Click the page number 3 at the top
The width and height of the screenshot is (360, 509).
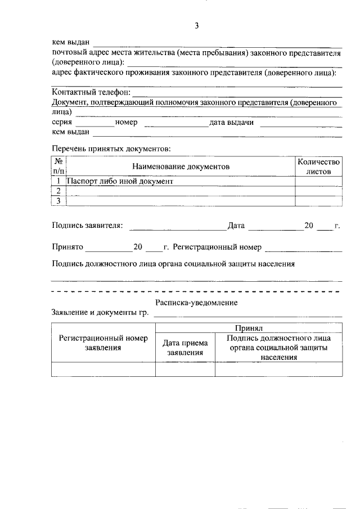[197, 25]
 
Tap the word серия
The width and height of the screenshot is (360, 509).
[62, 122]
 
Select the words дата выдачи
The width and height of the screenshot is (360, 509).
[231, 122]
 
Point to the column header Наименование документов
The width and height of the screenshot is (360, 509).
[181, 167]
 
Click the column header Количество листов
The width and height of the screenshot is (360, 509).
[318, 166]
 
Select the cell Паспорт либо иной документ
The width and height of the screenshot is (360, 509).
[120, 182]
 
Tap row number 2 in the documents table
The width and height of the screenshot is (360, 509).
[58, 191]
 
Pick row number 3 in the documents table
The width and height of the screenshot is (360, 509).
[58, 201]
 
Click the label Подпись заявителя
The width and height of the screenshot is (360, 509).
[87, 226]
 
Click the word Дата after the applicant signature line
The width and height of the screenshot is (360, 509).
[236, 226]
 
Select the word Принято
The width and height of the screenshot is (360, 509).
[67, 246]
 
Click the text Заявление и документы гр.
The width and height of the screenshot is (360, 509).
[99, 313]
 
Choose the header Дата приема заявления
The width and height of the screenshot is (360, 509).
[185, 348]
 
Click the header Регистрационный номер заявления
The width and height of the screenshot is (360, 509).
[103, 343]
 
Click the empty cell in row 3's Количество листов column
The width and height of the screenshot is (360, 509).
[318, 201]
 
